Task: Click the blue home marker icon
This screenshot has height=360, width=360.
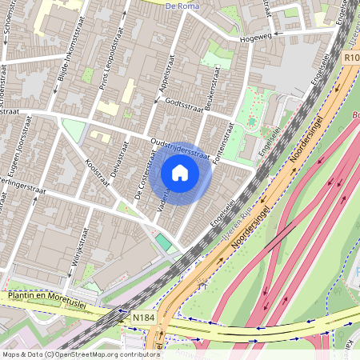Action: [x=180, y=172]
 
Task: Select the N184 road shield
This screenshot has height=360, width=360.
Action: [x=144, y=318]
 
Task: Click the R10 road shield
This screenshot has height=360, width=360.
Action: [x=350, y=57]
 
